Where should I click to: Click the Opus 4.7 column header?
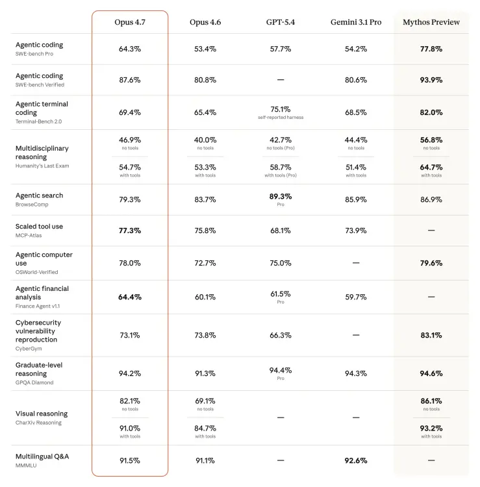(130, 22)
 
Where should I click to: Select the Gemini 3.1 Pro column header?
(355, 22)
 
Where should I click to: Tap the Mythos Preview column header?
(431, 22)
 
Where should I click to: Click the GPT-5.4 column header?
(280, 22)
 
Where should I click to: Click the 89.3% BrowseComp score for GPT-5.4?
(280, 196)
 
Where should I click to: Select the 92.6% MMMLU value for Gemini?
(355, 460)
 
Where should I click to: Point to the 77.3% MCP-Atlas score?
(130, 231)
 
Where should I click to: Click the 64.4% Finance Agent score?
(130, 297)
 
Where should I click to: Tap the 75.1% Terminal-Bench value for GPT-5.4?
(280, 109)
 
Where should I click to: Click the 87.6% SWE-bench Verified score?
(130, 80)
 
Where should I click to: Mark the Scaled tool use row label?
(39, 227)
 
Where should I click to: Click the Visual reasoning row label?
(41, 414)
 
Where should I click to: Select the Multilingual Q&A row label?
(42, 456)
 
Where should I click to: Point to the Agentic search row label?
(39, 195)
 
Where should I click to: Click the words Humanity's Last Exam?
(42, 166)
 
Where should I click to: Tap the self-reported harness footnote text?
(280, 118)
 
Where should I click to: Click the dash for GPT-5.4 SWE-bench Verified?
(280, 80)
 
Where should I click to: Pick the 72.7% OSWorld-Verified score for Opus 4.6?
(205, 263)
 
